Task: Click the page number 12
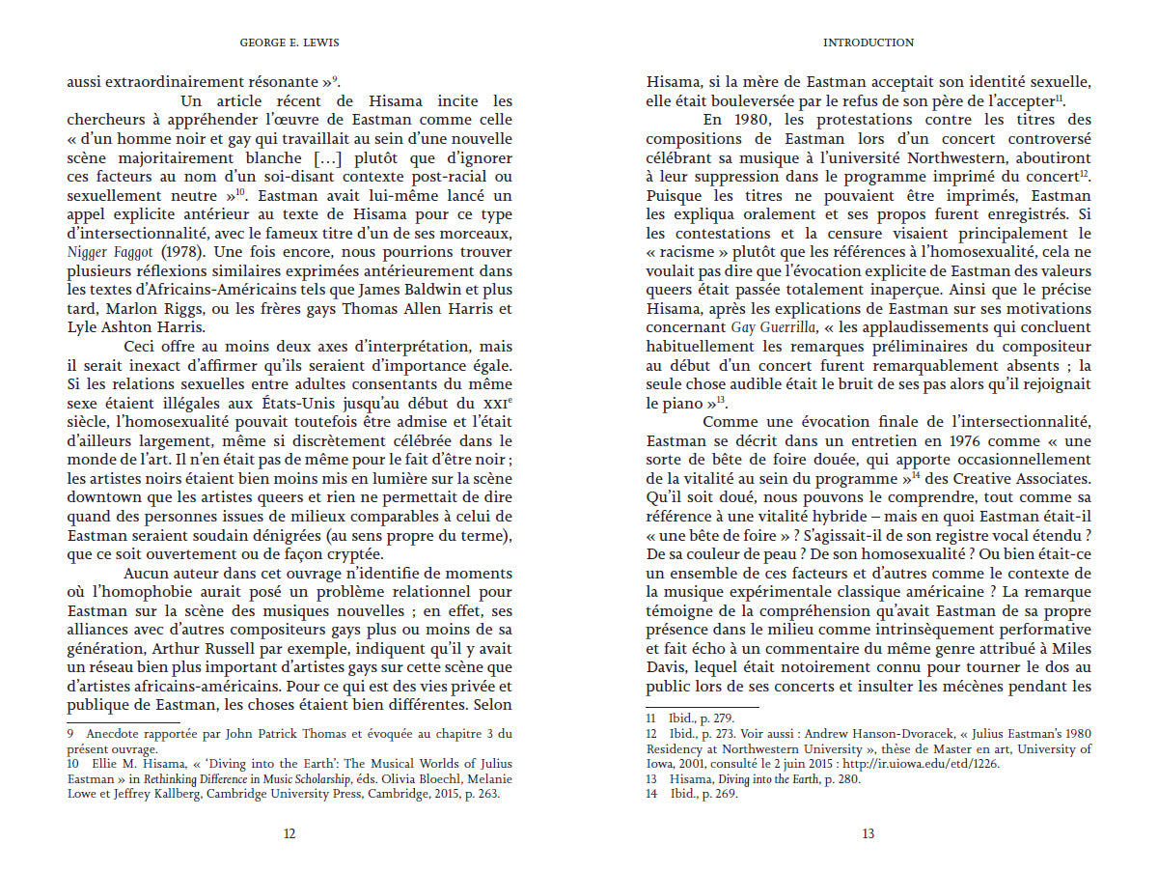[289, 834]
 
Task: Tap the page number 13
[868, 834]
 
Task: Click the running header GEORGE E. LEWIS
[289, 42]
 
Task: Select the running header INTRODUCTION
[868, 42]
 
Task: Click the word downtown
[102, 496]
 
